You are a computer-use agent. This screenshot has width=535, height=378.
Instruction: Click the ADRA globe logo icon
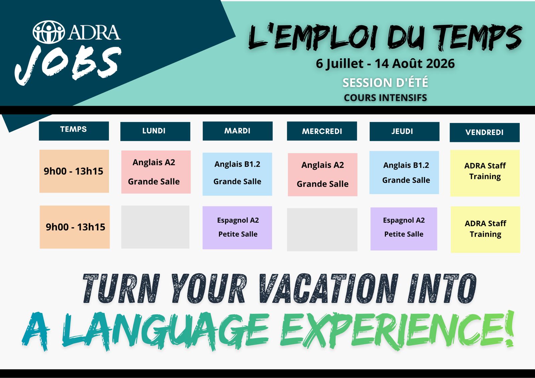tap(49, 32)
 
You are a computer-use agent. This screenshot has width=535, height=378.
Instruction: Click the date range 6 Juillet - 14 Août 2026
tap(385, 64)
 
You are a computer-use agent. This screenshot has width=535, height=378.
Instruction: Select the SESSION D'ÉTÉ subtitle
tap(385, 83)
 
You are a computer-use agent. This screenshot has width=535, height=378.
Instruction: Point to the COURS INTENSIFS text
tap(385, 98)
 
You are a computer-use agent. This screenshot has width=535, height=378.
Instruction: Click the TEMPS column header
tap(74, 131)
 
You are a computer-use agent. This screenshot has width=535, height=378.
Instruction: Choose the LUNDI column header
tap(155, 131)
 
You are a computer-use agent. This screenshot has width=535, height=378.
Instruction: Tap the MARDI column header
tap(238, 131)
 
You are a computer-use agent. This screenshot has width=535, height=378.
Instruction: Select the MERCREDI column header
tap(322, 131)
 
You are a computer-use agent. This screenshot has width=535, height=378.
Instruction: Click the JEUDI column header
tap(404, 131)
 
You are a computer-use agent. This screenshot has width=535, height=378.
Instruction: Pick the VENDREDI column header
tap(485, 133)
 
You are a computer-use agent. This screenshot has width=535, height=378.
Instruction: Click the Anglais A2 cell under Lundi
tap(156, 172)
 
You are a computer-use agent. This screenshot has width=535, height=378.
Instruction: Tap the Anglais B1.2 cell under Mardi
tap(237, 174)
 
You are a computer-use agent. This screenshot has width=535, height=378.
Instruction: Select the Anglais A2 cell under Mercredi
tap(323, 174)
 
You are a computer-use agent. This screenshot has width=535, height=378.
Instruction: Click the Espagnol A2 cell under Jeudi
tap(404, 229)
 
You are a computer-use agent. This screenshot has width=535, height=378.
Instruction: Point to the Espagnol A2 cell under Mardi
tap(237, 228)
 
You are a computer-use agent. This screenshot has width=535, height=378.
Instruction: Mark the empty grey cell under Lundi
tap(155, 227)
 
